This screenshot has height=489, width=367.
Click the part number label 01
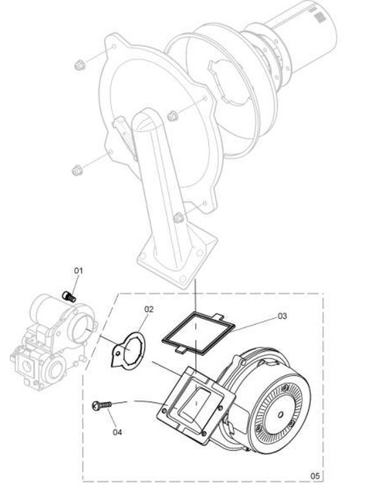pos(78,270)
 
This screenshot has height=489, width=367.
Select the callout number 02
pos(149,309)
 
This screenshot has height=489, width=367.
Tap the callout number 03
pos(282,316)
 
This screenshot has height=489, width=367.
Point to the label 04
pos(117,432)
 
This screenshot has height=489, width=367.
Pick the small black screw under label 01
pos(69,296)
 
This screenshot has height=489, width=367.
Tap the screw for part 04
pos(102,405)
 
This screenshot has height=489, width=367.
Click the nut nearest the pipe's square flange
pos(179,217)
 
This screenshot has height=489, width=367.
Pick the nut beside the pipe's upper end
pos(171,114)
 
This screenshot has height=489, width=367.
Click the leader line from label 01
pos(74,284)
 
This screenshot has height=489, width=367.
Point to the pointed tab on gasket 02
pos(116,361)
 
